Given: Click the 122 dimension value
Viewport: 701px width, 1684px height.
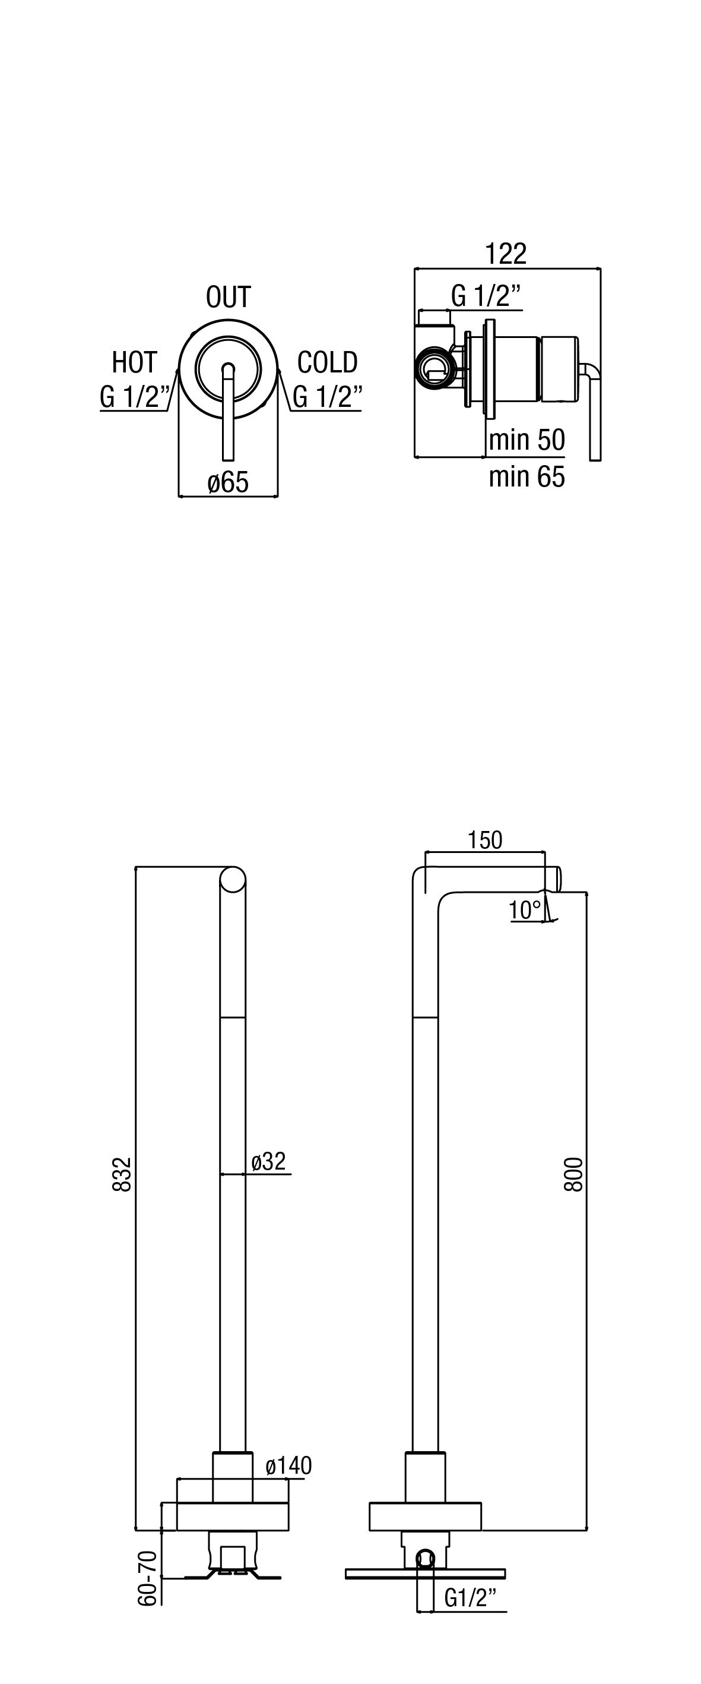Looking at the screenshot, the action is [505, 254].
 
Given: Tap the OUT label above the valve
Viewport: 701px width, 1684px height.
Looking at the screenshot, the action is [228, 297].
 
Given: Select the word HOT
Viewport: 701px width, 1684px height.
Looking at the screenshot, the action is [135, 362].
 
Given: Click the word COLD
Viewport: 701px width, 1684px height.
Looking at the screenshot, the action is [327, 362].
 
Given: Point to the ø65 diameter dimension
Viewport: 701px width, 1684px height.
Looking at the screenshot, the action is [228, 482].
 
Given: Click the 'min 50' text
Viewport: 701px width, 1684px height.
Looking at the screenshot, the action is [526, 440].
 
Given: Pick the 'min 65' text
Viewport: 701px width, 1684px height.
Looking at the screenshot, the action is [526, 476].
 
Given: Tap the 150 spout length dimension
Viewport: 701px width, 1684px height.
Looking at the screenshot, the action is [485, 840].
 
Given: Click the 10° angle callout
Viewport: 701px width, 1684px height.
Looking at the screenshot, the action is [525, 910].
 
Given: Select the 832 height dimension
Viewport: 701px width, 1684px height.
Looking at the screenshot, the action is [122, 1175].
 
